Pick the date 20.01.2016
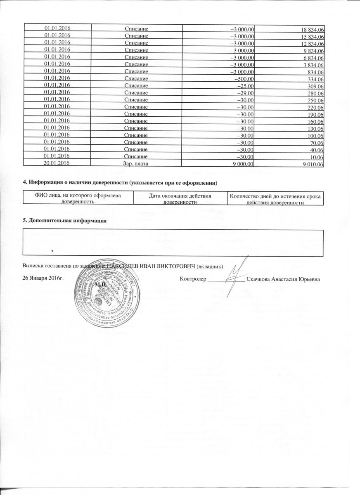click(x=57, y=164)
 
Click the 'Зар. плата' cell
click(x=136, y=164)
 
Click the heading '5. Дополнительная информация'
click(x=64, y=221)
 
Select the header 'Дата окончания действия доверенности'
click(x=180, y=198)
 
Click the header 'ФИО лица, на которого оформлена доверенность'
click(x=78, y=198)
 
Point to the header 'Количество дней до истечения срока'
click(x=276, y=196)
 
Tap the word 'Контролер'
click(x=193, y=279)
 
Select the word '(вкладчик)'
click(x=210, y=267)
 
